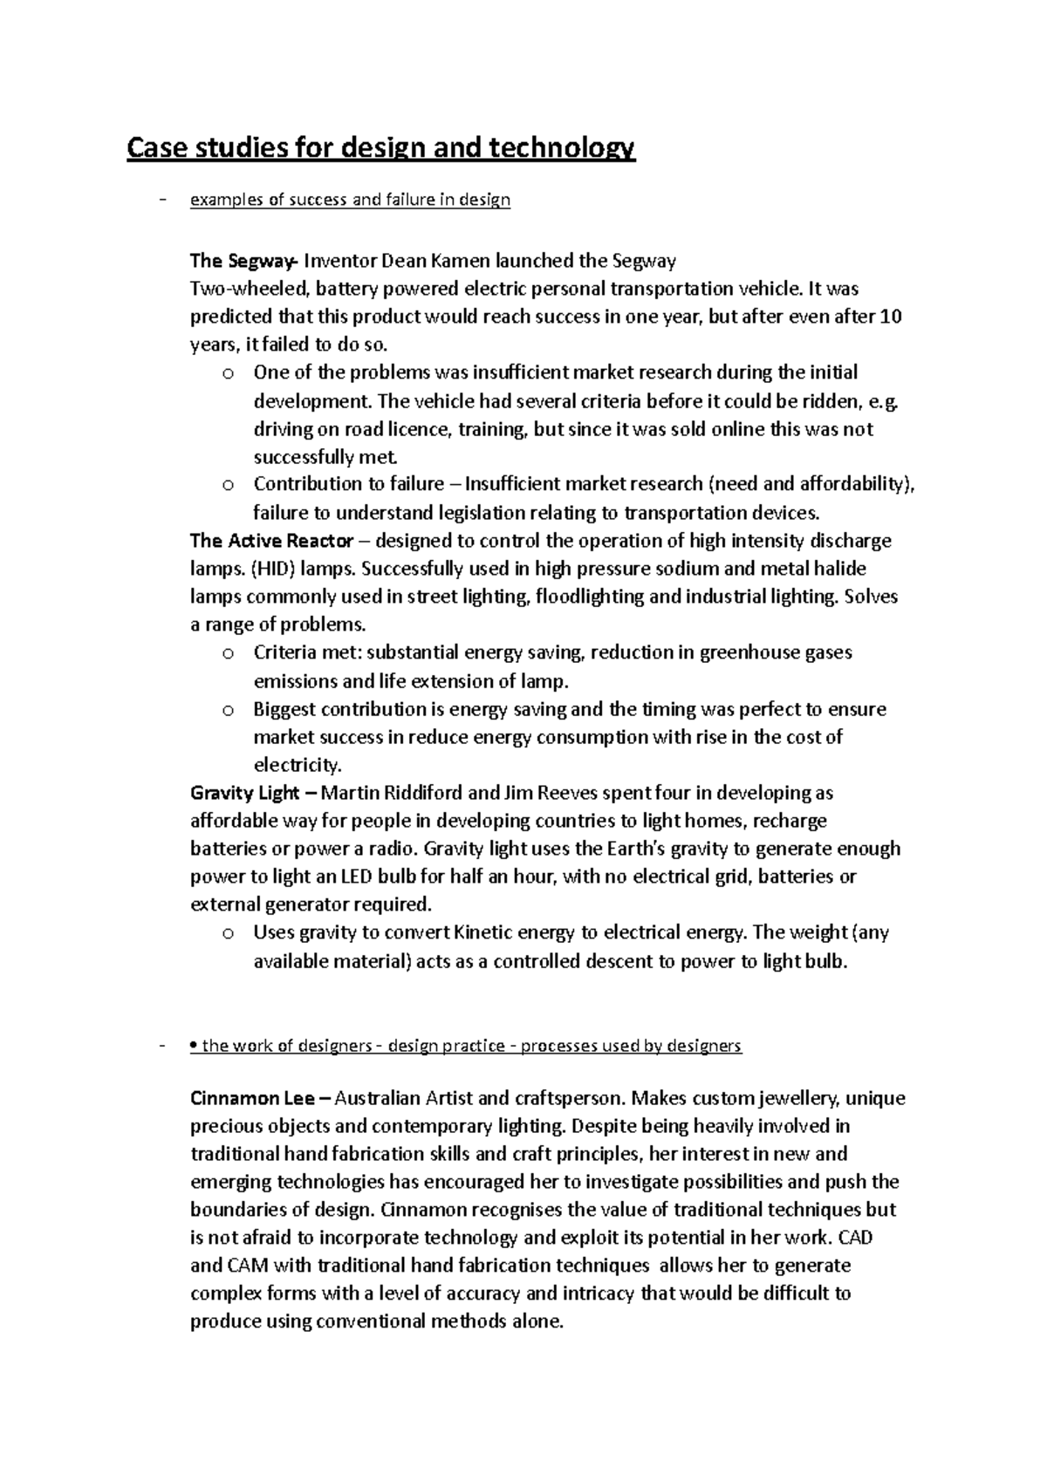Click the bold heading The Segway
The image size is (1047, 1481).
click(x=243, y=261)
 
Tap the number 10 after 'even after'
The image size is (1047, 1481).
click(x=891, y=317)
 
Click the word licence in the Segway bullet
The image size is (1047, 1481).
click(x=416, y=429)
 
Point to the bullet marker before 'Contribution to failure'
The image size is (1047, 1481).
click(x=228, y=486)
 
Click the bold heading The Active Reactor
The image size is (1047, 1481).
click(x=271, y=541)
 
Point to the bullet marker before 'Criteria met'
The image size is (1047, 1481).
click(x=228, y=654)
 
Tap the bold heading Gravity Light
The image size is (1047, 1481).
click(x=244, y=793)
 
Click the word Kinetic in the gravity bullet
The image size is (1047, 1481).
click(x=482, y=932)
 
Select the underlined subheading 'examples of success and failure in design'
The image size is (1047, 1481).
click(x=350, y=200)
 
